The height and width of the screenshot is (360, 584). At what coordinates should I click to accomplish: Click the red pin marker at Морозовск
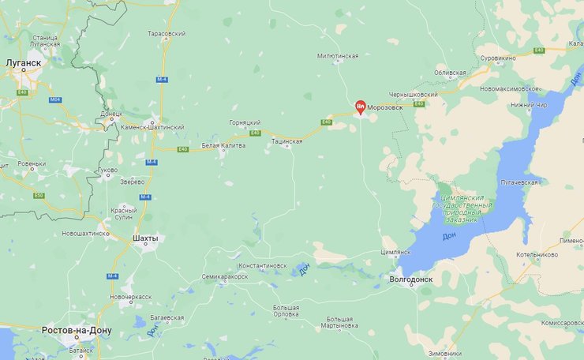pos(360,107)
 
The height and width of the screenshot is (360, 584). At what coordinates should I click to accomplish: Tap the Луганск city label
pos(24,61)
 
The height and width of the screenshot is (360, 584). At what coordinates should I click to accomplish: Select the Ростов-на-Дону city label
pos(77,330)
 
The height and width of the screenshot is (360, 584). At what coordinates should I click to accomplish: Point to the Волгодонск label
pos(412,279)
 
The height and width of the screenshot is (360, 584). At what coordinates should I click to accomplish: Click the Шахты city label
pos(145,238)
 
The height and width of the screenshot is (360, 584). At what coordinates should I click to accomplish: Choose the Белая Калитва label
pos(223,145)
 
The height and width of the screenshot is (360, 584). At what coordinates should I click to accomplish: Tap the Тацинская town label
pos(286,141)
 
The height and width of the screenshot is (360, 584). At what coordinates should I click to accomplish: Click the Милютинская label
pos(338,56)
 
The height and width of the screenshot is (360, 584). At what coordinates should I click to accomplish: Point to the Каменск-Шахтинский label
pos(154,127)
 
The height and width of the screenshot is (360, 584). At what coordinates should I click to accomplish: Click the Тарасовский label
pos(167,35)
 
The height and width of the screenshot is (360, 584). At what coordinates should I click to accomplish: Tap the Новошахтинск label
pos(85,234)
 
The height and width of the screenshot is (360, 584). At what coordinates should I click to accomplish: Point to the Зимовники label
pos(444,353)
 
